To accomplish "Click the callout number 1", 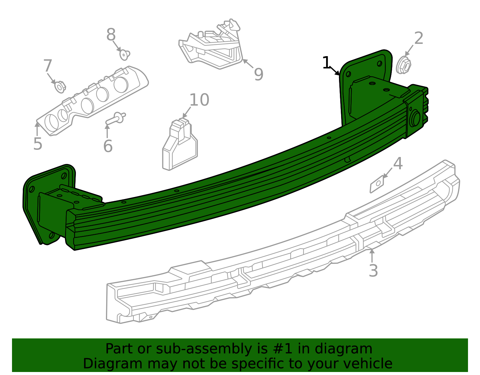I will (326, 63).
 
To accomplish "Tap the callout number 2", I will (418, 38).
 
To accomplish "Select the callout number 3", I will (373, 271).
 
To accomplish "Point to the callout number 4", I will (398, 164).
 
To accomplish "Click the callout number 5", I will (38, 144).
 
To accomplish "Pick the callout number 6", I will (108, 146).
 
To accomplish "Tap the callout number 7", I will (48, 66).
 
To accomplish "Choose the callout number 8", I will (111, 35).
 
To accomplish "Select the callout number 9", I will (258, 74).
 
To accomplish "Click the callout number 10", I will (199, 100).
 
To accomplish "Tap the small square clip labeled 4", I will (377, 184).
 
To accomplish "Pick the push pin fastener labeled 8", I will (124, 55).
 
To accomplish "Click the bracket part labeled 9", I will (211, 48).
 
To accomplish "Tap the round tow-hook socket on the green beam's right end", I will (416, 118).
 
